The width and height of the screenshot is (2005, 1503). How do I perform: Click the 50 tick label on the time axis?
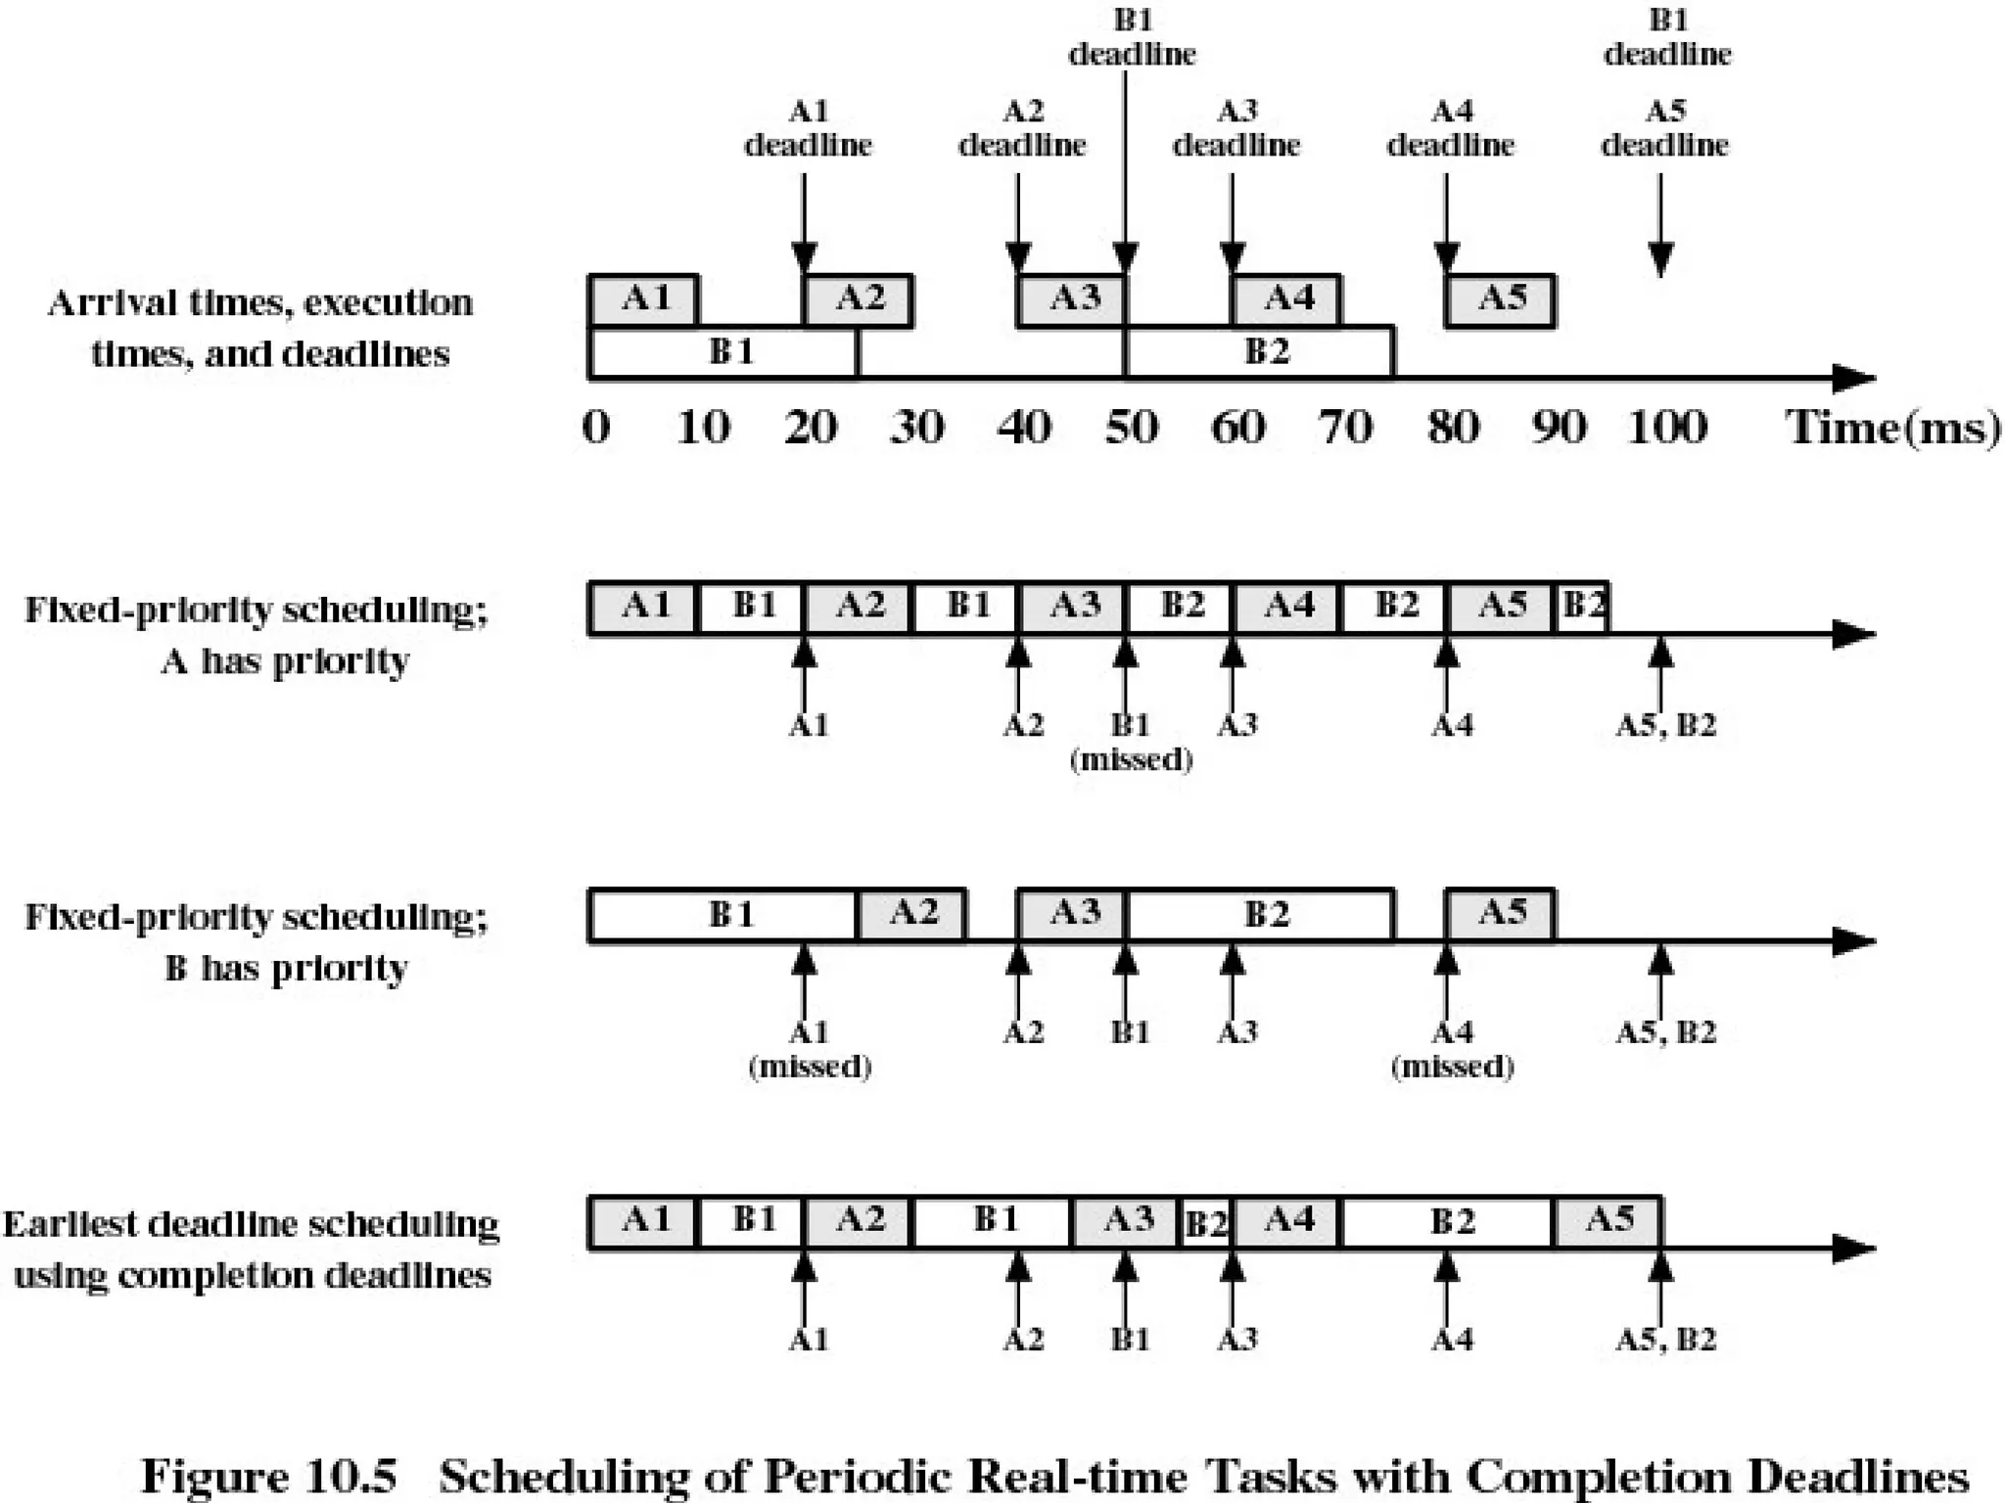pos(1132,428)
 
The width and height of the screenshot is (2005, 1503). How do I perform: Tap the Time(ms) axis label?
pos(1892,428)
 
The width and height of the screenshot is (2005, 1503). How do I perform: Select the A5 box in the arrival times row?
pos(1501,299)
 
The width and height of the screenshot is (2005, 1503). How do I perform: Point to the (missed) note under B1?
pos(1132,760)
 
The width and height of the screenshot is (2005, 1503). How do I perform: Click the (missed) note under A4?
pos(1452,1067)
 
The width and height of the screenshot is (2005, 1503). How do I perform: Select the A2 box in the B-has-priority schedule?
pos(912,914)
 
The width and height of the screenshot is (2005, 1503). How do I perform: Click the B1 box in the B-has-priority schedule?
pos(725,915)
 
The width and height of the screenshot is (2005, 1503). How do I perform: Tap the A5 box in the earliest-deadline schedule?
pos(1609,1221)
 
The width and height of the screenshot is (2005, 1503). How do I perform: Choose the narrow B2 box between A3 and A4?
pos(1207,1223)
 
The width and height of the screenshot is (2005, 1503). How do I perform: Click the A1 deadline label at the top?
pos(808,128)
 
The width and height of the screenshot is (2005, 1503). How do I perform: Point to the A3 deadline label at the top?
pos(1236,128)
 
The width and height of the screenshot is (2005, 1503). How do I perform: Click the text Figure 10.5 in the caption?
pos(269,1475)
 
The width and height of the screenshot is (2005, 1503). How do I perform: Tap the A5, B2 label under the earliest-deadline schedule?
pos(1665,1340)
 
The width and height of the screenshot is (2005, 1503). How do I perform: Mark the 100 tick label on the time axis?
pos(1667,428)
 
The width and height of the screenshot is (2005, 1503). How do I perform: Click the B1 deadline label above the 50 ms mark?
pos(1132,37)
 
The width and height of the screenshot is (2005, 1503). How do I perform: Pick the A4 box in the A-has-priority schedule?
pos(1287,607)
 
